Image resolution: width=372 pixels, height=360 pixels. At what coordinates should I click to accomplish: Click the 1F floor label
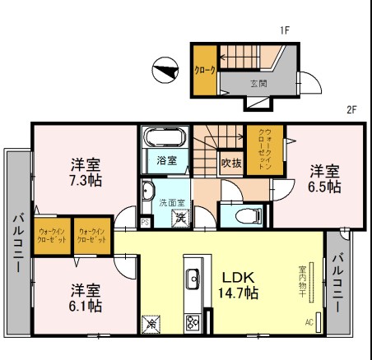pyautogui.click(x=285, y=30)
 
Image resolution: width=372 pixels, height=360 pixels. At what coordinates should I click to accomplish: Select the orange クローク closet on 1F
pyautogui.click(x=203, y=72)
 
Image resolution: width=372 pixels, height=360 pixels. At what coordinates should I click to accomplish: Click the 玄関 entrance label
pyautogui.click(x=258, y=83)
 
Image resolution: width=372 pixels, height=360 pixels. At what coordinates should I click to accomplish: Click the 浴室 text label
pyautogui.click(x=166, y=160)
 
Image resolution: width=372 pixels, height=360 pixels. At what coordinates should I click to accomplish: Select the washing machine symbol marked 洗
pyautogui.click(x=178, y=219)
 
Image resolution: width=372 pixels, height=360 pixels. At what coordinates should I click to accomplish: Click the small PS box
pyautogui.click(x=146, y=222)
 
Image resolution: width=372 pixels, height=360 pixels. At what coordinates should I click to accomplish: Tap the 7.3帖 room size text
pyautogui.click(x=85, y=180)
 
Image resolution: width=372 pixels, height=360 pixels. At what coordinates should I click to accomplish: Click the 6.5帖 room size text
pyautogui.click(x=325, y=187)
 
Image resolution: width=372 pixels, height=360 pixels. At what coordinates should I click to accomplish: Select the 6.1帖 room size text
pyautogui.click(x=85, y=306)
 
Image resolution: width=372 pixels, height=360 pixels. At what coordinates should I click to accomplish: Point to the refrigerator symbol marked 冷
pyautogui.click(x=151, y=323)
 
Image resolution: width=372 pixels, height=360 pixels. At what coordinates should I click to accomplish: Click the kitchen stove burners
pyautogui.click(x=193, y=321)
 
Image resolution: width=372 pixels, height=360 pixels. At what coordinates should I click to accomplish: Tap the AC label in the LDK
pyautogui.click(x=309, y=321)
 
